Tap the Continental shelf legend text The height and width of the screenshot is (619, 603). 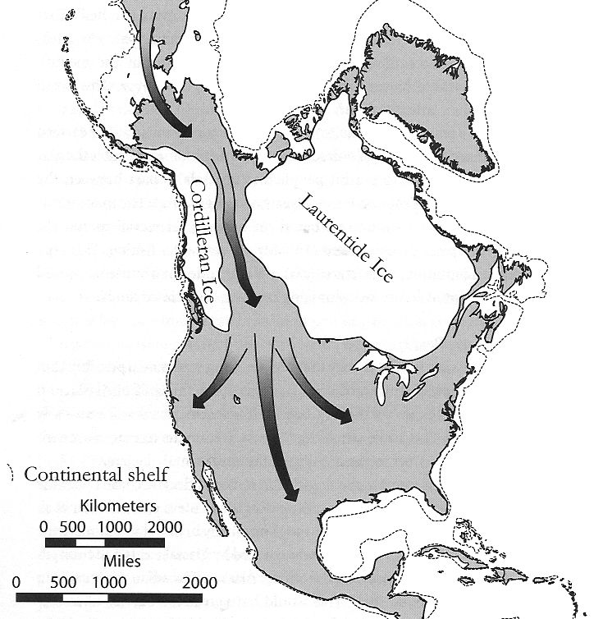(97, 475)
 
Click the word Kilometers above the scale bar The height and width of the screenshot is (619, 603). (115, 504)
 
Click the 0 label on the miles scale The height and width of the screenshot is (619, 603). (16, 583)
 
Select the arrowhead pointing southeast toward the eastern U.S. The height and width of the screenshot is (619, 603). (344, 416)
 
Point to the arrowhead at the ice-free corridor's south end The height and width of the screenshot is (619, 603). (254, 300)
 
